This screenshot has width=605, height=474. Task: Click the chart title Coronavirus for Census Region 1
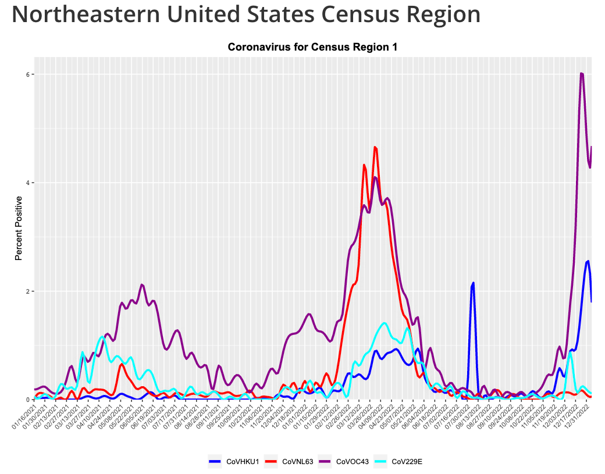tap(312, 47)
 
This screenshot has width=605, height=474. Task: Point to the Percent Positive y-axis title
tap(19, 228)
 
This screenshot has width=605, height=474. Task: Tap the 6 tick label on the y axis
tap(26, 74)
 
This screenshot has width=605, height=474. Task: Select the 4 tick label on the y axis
tap(26, 183)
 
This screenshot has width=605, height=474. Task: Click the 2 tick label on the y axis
tap(26, 291)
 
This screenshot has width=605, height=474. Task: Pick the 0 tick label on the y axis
tap(26, 400)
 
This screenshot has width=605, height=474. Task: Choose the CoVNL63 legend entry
tap(289, 462)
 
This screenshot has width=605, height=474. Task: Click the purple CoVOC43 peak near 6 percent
tap(581, 73)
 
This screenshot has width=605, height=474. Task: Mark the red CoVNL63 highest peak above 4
tap(375, 147)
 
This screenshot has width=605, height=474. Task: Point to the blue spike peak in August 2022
tap(473, 283)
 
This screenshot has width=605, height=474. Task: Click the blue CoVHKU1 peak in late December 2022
tap(588, 261)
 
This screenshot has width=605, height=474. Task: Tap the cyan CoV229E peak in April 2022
tap(385, 323)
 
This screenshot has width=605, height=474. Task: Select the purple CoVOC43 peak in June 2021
tap(142, 285)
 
